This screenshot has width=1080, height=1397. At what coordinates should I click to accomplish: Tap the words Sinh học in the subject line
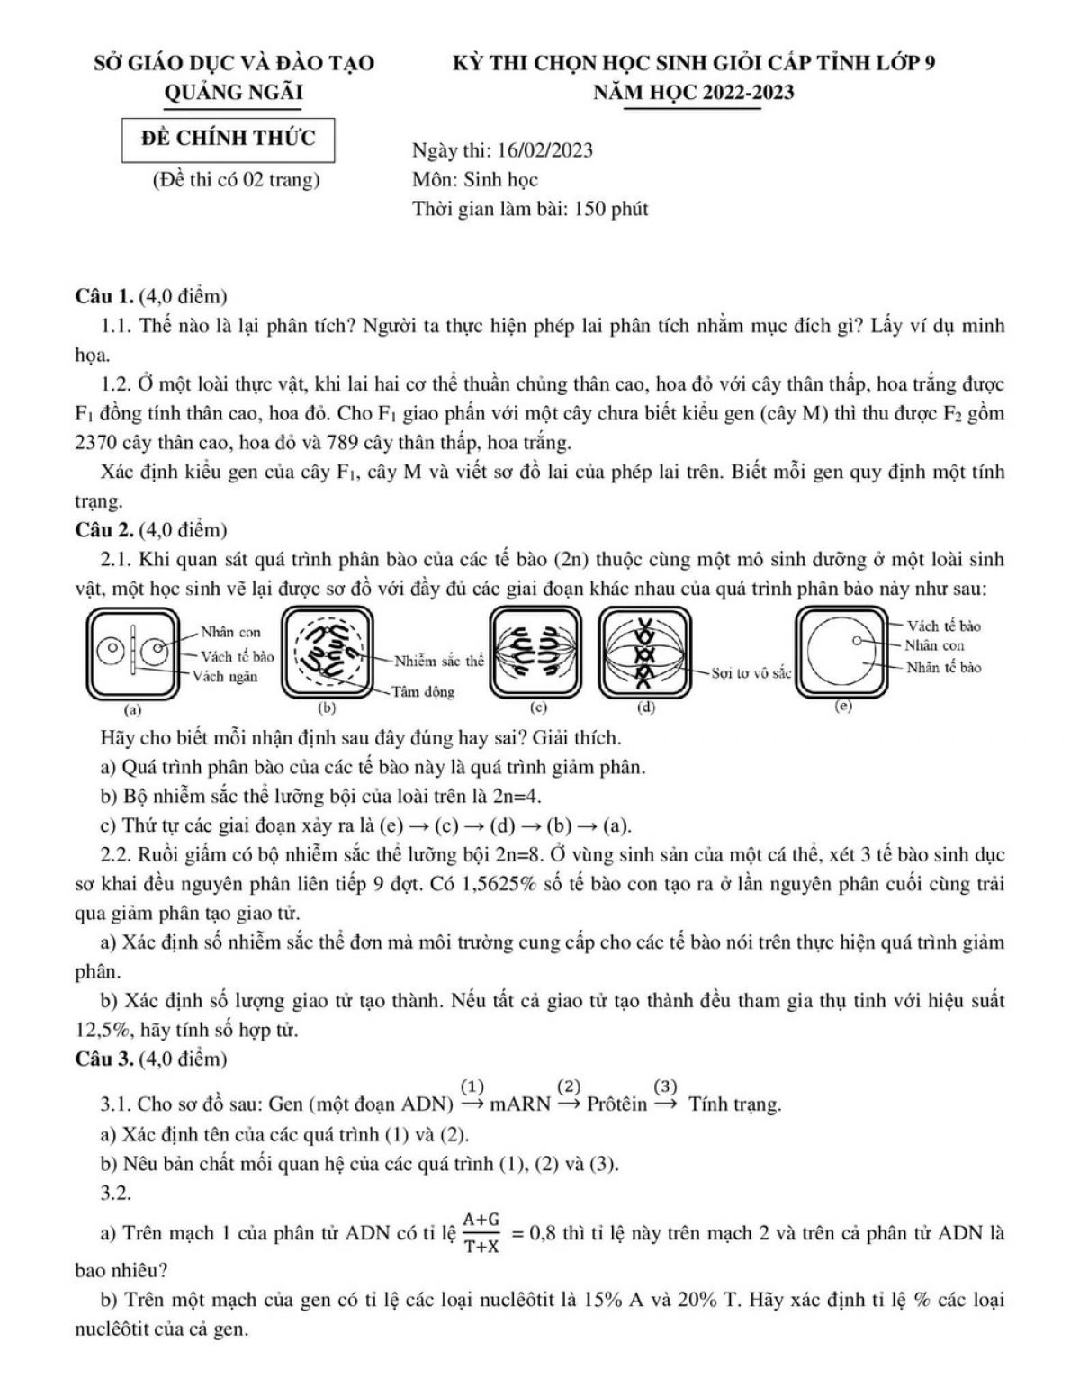[500, 179]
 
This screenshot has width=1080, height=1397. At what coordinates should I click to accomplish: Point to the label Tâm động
[422, 692]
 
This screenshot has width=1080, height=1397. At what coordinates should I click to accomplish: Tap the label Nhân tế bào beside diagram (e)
[943, 667]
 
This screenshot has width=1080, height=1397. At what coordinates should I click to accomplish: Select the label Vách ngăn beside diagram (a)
[226, 677]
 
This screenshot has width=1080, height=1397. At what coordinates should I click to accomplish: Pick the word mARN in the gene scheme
[520, 1104]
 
